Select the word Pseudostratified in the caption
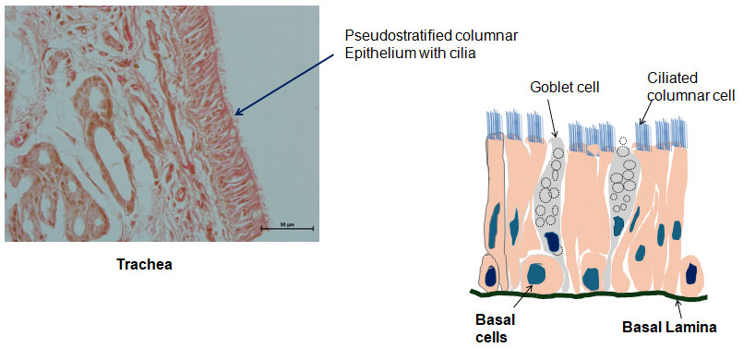click(x=391, y=35)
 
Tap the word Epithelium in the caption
click(x=376, y=52)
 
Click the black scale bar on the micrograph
click(x=287, y=227)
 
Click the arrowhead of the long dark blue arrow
click(x=239, y=114)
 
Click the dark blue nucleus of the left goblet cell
click(x=553, y=242)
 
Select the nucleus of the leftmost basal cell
click(x=490, y=274)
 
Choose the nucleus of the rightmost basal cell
click(x=693, y=273)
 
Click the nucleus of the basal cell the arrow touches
click(x=535, y=273)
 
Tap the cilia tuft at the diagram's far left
click(x=491, y=124)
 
